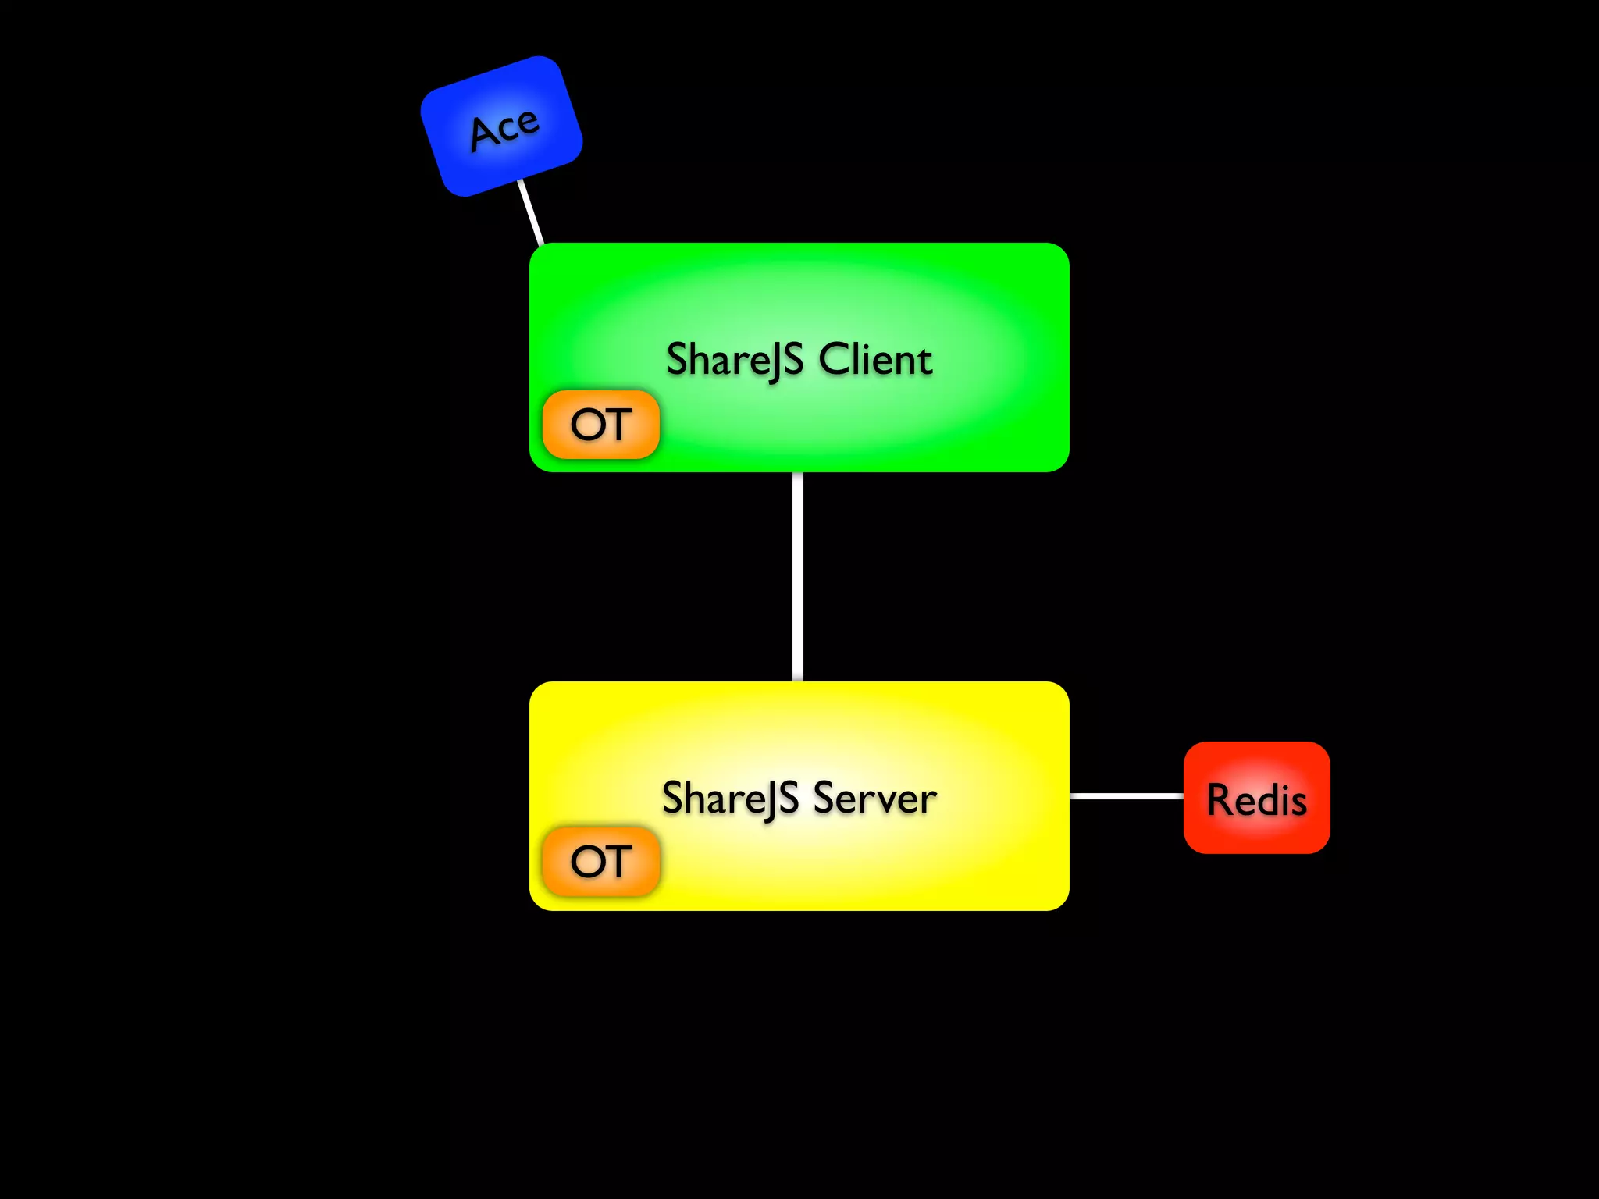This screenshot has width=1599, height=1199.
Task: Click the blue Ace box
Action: (501, 126)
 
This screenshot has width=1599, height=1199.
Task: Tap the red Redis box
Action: (1256, 797)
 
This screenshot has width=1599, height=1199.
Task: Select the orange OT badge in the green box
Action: (600, 425)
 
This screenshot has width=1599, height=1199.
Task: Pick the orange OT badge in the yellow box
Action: (600, 861)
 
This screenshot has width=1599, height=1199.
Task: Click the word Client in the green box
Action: (875, 360)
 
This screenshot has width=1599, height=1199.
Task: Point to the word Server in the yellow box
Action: (874, 799)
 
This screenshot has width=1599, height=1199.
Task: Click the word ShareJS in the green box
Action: (735, 361)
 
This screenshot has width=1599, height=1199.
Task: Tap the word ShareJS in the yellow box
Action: (730, 799)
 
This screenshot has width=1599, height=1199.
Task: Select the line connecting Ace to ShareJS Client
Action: (531, 213)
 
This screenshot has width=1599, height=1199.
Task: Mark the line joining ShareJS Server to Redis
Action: (1126, 795)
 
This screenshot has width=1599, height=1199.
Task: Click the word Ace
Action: (504, 128)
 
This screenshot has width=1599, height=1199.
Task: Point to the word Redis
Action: (1256, 799)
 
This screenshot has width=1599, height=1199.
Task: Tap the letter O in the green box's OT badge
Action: (586, 425)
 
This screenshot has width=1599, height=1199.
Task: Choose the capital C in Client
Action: (832, 360)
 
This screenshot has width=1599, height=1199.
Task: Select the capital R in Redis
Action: (1220, 799)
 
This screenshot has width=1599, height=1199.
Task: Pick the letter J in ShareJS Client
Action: (772, 364)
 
